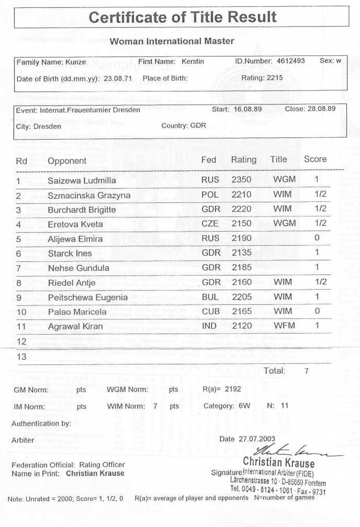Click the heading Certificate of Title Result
[x=183, y=17]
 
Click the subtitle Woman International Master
[x=172, y=41]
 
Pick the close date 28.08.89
[x=318, y=109]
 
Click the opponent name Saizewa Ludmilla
[x=82, y=181]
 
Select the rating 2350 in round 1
[x=241, y=180]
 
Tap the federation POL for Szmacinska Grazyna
[x=210, y=195]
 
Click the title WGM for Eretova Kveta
[x=284, y=224]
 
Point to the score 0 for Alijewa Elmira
[x=317, y=238]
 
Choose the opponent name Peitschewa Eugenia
[x=87, y=297]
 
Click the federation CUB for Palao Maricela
[x=210, y=312]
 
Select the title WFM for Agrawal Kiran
[x=284, y=326]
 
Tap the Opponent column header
[x=67, y=161]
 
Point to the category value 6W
[x=243, y=406]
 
